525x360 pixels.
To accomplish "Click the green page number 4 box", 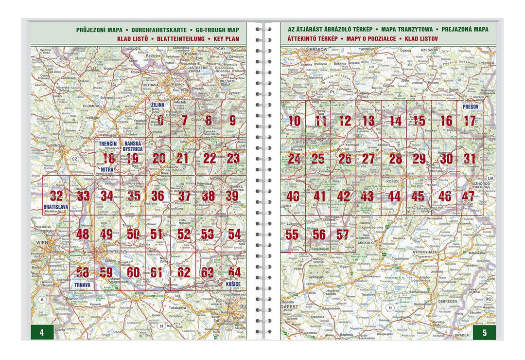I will (x=42, y=332).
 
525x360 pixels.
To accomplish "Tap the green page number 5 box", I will (x=484, y=332).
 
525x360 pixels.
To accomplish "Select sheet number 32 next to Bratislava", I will (x=56, y=196).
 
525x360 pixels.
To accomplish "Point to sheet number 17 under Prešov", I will (x=469, y=121).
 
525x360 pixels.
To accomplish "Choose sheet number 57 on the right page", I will (x=343, y=234).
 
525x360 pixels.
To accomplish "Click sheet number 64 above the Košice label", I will (x=234, y=272).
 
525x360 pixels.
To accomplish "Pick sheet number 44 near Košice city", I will (x=394, y=197).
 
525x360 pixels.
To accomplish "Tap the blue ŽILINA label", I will (x=157, y=105).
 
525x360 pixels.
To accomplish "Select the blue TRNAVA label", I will (x=83, y=285).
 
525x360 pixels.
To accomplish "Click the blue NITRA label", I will (x=108, y=170).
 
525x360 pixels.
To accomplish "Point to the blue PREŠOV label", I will (x=470, y=107).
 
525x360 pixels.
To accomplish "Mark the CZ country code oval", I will (x=74, y=159).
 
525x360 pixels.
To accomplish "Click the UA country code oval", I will (x=490, y=179).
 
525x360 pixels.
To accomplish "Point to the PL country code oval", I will (x=332, y=91).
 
